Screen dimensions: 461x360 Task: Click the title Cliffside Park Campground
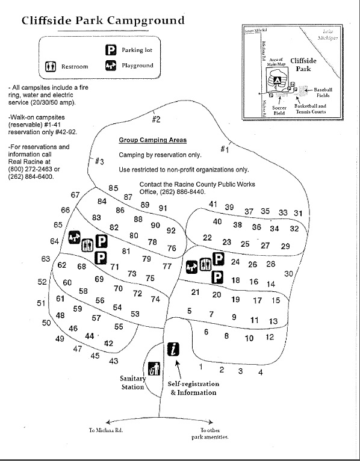(103, 20)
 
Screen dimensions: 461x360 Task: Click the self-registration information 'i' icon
(173, 348)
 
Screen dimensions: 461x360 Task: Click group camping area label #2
(155, 119)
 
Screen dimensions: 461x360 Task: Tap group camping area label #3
(100, 161)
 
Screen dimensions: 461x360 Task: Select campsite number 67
(75, 195)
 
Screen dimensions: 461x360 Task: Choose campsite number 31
(297, 213)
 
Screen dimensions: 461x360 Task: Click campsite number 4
(260, 373)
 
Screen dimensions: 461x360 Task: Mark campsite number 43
(113, 361)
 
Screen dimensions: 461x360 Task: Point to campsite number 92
(171, 230)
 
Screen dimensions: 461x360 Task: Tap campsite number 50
(46, 323)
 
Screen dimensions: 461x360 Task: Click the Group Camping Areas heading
(152, 140)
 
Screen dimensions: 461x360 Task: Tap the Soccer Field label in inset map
(279, 110)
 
